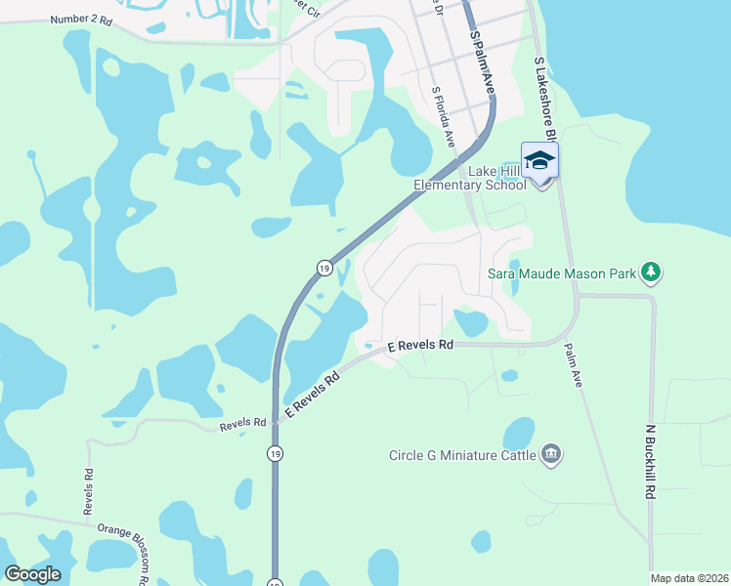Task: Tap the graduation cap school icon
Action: pyautogui.click(x=539, y=160)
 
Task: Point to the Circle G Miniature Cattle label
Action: pyautogui.click(x=462, y=454)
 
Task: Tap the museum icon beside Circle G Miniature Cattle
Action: pyautogui.click(x=552, y=454)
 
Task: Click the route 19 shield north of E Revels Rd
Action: pyautogui.click(x=322, y=267)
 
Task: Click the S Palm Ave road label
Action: pyautogui.click(x=482, y=62)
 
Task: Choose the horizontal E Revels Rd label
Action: pyautogui.click(x=421, y=346)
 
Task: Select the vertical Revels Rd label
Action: pyautogui.click(x=88, y=491)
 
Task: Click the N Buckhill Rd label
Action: pyautogui.click(x=649, y=461)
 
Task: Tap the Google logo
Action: pyautogui.click(x=32, y=574)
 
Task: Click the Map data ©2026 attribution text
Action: pyautogui.click(x=689, y=578)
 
